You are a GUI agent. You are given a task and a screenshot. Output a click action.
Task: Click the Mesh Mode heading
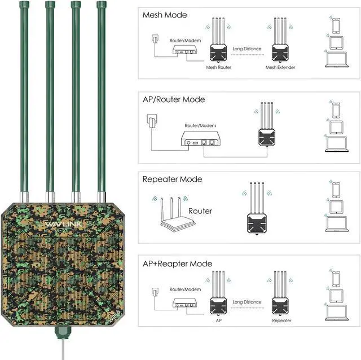coord(165,15)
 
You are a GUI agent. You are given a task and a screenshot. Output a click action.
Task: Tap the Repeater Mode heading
coord(172,179)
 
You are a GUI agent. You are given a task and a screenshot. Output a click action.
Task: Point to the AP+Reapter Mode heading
coord(177,264)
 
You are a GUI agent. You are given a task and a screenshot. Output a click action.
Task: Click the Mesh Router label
coord(219,67)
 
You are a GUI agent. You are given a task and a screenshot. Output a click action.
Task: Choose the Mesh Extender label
coord(280,67)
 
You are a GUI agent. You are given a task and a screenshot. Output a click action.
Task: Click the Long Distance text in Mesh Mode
coord(247,49)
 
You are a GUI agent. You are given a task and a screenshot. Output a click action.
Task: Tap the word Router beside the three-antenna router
coord(200,211)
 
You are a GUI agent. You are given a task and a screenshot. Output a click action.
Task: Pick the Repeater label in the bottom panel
coord(281,321)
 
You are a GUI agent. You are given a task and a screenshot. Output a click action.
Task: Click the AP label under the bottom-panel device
coord(219,321)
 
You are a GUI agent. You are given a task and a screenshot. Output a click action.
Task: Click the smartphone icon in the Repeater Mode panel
coord(336,188)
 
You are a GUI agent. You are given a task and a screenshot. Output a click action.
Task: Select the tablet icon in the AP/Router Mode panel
coord(336,128)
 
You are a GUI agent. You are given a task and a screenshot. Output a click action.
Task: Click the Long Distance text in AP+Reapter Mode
coord(247,302)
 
